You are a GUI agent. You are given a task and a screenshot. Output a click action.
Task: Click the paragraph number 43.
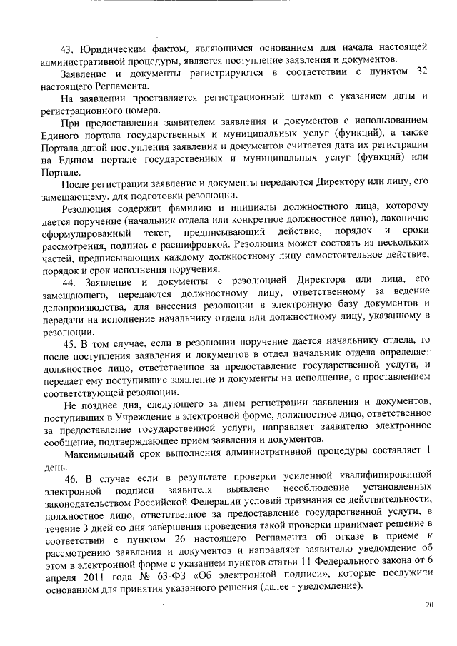point(67,49)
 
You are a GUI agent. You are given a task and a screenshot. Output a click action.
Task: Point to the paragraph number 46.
point(74,477)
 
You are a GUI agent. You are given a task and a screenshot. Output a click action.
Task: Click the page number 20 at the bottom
point(428,605)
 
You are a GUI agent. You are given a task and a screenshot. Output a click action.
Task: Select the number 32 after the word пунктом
point(421,73)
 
